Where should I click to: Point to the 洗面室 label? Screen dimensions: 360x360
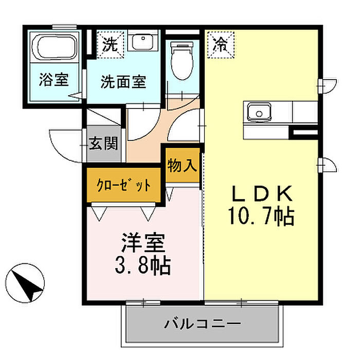(x=123, y=81)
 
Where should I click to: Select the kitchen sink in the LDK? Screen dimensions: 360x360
(x=259, y=110)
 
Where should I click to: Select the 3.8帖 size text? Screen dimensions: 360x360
(x=142, y=265)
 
